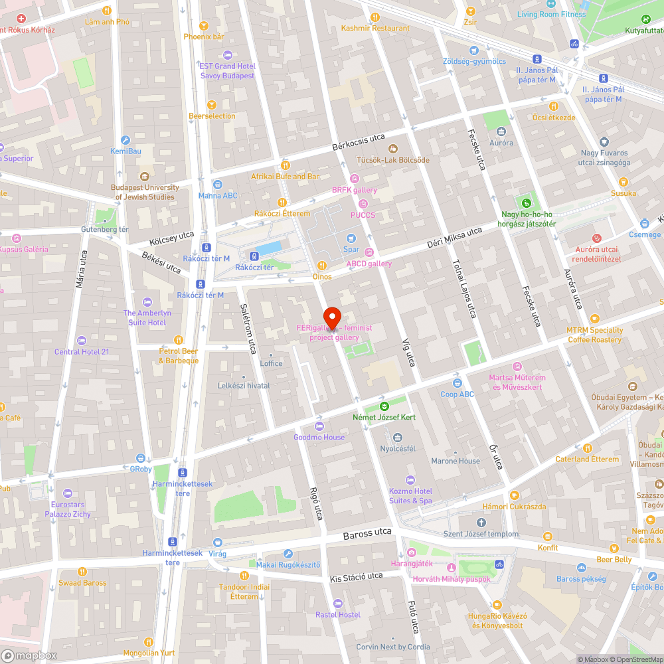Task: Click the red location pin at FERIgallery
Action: [x=331, y=316]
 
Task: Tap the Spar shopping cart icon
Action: [x=351, y=238]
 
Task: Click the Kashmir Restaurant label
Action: [x=375, y=28]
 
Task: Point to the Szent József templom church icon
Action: [x=481, y=523]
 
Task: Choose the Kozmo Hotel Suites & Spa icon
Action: [x=410, y=480]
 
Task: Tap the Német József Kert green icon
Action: [x=384, y=406]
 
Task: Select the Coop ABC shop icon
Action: [x=457, y=382]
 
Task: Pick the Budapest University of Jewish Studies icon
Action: [x=144, y=177]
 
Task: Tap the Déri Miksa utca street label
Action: [x=454, y=237]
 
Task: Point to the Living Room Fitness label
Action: [x=551, y=14]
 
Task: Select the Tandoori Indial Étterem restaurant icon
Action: [x=244, y=575]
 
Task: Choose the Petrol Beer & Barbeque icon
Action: [x=177, y=340]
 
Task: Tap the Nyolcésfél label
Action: [x=397, y=448]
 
